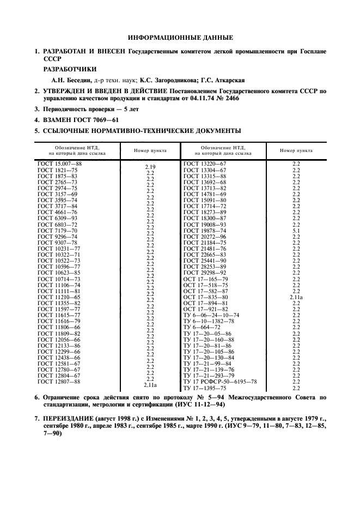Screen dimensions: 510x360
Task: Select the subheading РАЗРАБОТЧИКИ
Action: (70, 69)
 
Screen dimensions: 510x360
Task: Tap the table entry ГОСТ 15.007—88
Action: (59, 163)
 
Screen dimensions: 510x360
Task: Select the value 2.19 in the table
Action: (150, 167)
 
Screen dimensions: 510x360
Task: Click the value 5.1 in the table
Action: (296, 231)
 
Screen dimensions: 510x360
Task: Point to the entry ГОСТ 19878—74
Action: (205, 231)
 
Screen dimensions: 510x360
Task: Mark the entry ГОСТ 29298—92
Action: (205, 272)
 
